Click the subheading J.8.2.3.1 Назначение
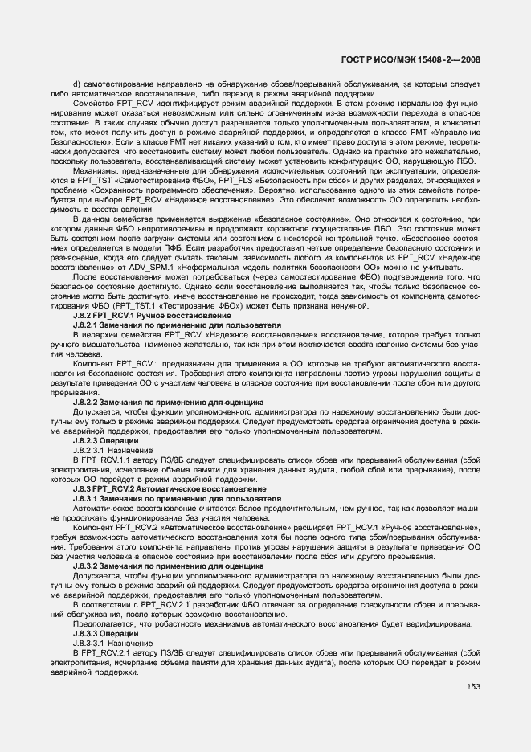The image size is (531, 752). coord(112,451)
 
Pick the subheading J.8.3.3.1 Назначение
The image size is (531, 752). coord(112,643)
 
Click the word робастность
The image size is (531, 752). coord(158,623)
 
